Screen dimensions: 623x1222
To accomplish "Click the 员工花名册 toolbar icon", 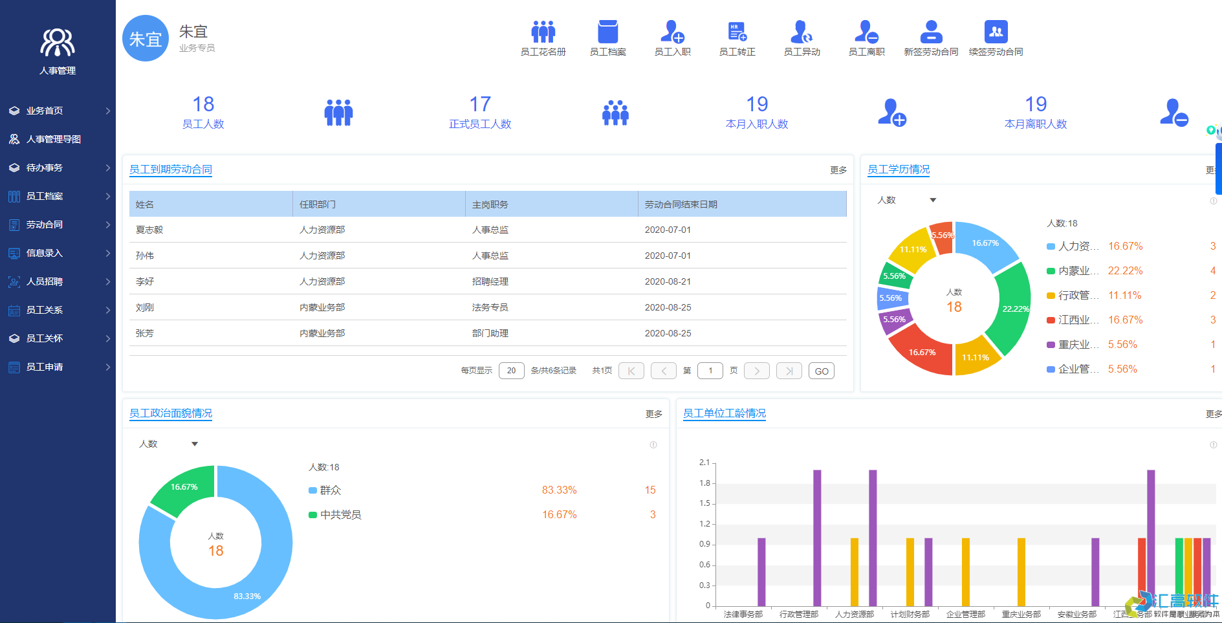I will (543, 32).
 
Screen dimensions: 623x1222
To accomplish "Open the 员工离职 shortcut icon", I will (866, 32).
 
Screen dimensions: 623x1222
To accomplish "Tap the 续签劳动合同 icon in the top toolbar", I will (996, 32).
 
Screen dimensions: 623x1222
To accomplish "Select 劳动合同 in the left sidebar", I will (45, 224).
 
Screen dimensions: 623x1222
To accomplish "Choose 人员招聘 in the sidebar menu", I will (45, 281).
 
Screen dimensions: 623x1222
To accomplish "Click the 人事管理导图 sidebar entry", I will (53, 139).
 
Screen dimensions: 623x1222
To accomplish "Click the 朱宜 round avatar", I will (146, 39).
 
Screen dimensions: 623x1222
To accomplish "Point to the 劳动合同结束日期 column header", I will (681, 204).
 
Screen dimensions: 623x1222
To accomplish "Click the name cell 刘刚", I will (145, 307).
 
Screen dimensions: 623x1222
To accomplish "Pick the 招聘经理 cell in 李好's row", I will (490, 281).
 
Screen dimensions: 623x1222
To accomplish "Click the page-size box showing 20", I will (511, 371).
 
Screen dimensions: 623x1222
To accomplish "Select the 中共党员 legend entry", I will (340, 515).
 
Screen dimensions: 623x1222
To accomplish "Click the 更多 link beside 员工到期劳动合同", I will (838, 170).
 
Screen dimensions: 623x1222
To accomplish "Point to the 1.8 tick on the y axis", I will (704, 483).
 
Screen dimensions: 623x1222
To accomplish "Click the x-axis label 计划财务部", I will (910, 614).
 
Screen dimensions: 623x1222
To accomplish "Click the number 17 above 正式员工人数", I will (480, 104).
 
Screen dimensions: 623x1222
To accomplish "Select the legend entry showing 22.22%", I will (1124, 271).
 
